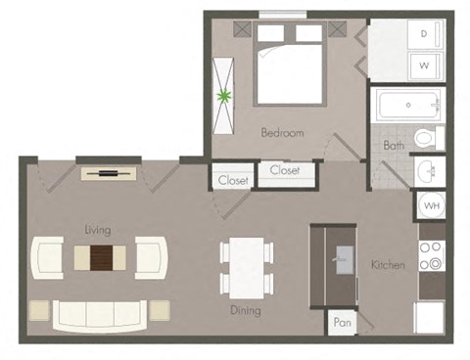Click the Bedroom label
[282, 133]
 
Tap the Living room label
[97, 230]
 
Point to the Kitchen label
[388, 265]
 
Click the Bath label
[394, 146]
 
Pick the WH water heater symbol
[430, 205]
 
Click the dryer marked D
[425, 33]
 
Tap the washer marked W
[425, 67]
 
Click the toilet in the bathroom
[427, 139]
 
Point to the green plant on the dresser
[226, 96]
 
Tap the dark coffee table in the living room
[102, 257]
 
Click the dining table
[246, 267]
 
